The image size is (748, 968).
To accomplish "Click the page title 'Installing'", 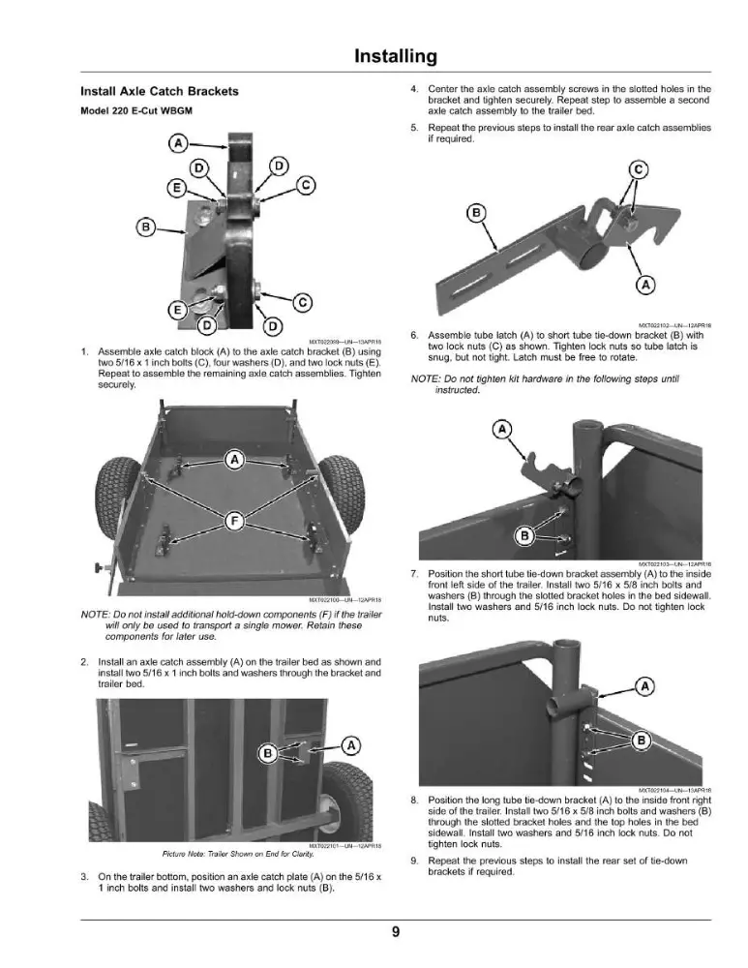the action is (x=396, y=56).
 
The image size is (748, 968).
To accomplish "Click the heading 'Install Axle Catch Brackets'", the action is (x=160, y=91).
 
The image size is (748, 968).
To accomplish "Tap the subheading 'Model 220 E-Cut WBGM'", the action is (x=136, y=111).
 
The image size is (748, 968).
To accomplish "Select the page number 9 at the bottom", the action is (x=396, y=932).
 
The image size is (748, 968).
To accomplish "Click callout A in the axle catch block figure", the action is (x=178, y=144).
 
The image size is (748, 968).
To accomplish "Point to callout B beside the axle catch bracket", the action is (x=146, y=227).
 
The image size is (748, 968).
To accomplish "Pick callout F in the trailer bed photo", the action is (x=234, y=522).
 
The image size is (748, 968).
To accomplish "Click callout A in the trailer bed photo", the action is (x=234, y=460).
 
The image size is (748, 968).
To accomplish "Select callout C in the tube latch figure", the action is (x=638, y=169).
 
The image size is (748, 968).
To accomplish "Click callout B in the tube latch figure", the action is (x=476, y=214).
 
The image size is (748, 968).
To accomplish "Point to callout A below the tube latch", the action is (x=645, y=286).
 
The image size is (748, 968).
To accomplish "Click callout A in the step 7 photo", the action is (x=502, y=429).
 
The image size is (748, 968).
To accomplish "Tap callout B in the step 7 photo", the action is (x=524, y=535).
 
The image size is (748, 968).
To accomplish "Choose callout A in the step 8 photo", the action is (x=644, y=686).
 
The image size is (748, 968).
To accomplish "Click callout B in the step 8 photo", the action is (x=642, y=741).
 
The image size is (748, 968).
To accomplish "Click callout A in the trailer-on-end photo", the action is (x=351, y=745).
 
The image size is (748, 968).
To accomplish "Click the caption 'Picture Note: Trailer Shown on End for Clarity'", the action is (x=238, y=855).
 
